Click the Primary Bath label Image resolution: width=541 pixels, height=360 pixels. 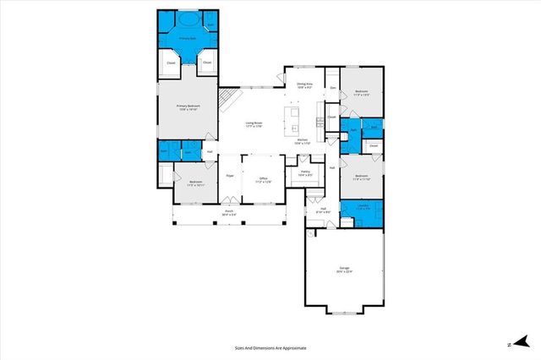pos(187,39)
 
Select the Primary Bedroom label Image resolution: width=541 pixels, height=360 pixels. pos(187,106)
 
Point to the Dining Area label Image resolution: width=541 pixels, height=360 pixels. pos(304,85)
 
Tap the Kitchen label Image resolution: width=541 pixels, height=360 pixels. pos(303,142)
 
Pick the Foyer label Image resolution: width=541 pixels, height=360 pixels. pos(229,176)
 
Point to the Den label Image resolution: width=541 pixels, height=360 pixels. pos(333,88)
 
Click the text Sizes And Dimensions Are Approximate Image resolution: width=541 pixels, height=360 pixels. pos(270,347)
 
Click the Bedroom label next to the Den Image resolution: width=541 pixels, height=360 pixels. pos(361,93)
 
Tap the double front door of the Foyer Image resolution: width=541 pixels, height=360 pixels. pos(229,202)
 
